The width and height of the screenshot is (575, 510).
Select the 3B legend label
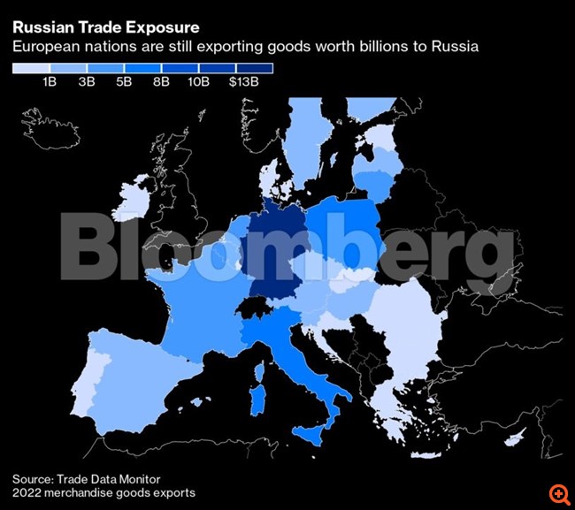tap(86, 82)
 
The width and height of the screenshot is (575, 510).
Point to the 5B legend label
tap(124, 82)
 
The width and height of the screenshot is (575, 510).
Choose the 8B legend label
tap(161, 82)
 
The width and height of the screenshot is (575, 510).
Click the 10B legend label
tap(198, 82)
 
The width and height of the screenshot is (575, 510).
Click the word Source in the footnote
tap(34, 478)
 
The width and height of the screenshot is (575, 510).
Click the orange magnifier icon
tap(558, 492)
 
